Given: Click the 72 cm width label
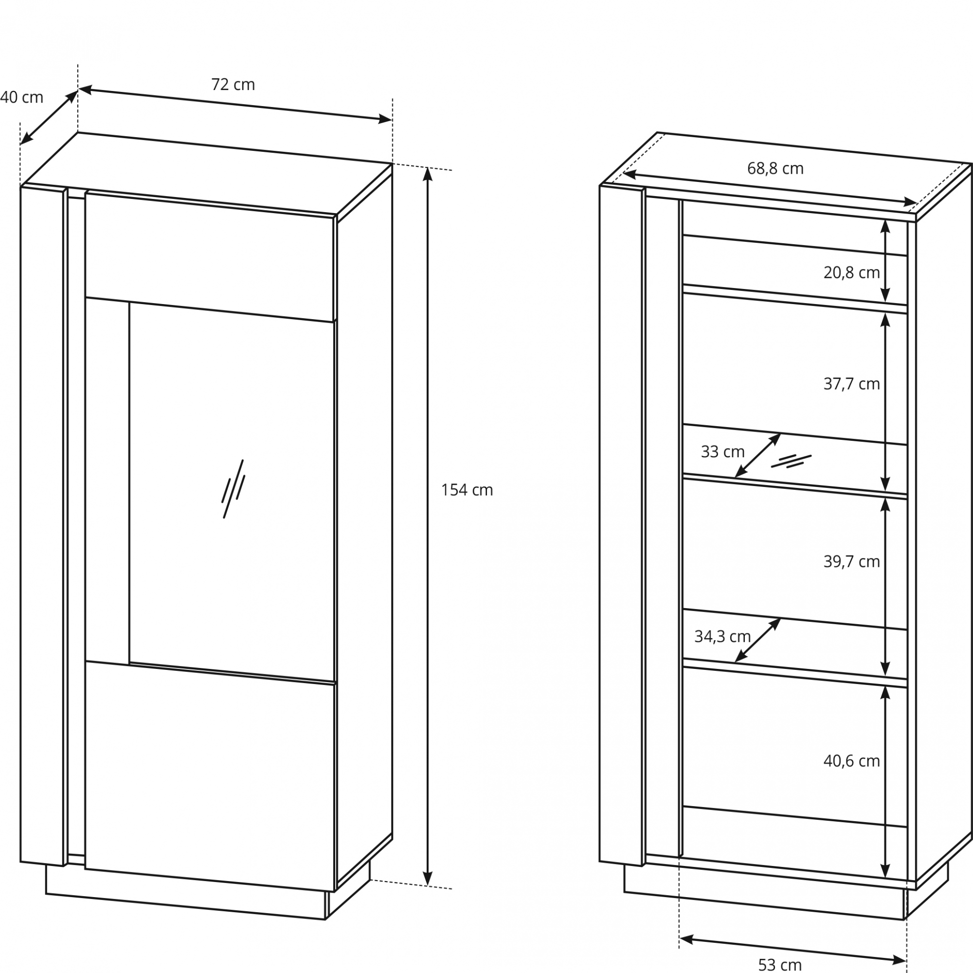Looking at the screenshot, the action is click(233, 85).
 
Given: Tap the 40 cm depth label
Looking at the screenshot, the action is click(22, 97).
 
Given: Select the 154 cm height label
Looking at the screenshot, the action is click(467, 490).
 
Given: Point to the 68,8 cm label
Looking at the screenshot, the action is click(775, 168).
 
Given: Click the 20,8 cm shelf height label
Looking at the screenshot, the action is click(852, 272).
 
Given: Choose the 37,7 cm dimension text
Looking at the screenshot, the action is click(852, 384).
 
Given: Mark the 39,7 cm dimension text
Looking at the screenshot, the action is click(852, 561).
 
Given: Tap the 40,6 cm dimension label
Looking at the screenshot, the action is click(852, 761).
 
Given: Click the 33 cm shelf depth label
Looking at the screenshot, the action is click(723, 452).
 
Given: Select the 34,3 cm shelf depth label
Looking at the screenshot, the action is click(723, 636).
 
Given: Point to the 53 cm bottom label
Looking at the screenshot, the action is click(780, 964).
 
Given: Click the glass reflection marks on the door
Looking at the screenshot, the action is click(233, 488).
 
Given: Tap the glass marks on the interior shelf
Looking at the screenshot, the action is click(791, 461).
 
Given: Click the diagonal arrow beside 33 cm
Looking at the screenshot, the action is click(757, 455).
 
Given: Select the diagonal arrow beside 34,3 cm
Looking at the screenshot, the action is click(757, 640).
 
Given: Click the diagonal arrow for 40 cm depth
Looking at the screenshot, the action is click(49, 117).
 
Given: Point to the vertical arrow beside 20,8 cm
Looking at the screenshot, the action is click(885, 261).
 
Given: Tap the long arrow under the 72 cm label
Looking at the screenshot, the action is click(235, 105).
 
